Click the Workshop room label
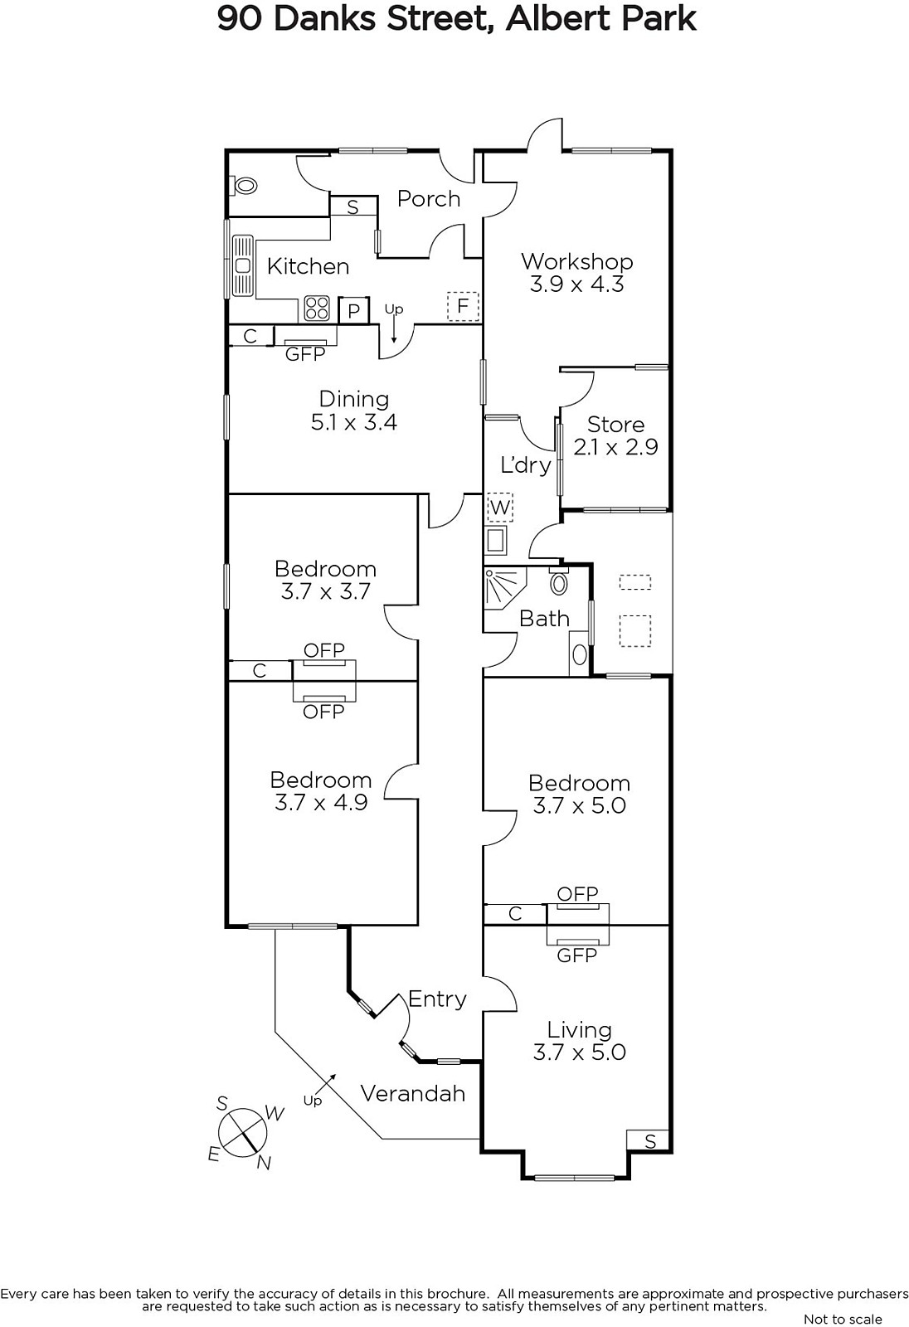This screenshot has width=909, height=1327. [x=576, y=262]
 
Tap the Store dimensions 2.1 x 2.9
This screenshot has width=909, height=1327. [x=615, y=447]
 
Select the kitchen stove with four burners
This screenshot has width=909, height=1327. [x=317, y=308]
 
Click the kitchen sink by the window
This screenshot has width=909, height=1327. [x=243, y=265]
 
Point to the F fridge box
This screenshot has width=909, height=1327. [x=463, y=306]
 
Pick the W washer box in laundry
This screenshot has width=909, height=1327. [x=500, y=507]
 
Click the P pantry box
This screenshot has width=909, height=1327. [x=354, y=311]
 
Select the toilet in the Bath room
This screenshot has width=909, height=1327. [x=559, y=581]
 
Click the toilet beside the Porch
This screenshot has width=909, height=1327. [x=245, y=186]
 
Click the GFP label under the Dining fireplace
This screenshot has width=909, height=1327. [x=305, y=354]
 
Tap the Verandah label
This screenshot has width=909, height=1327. [x=412, y=1093]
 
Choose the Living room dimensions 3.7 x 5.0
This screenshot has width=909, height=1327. [x=579, y=1052]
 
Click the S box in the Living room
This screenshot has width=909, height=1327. [x=649, y=1141]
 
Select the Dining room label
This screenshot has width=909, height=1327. [x=353, y=399]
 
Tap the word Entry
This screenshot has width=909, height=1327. [x=437, y=999]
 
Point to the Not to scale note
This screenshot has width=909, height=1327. [x=843, y=1319]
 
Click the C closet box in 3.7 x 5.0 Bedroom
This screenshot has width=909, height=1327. [x=515, y=914]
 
